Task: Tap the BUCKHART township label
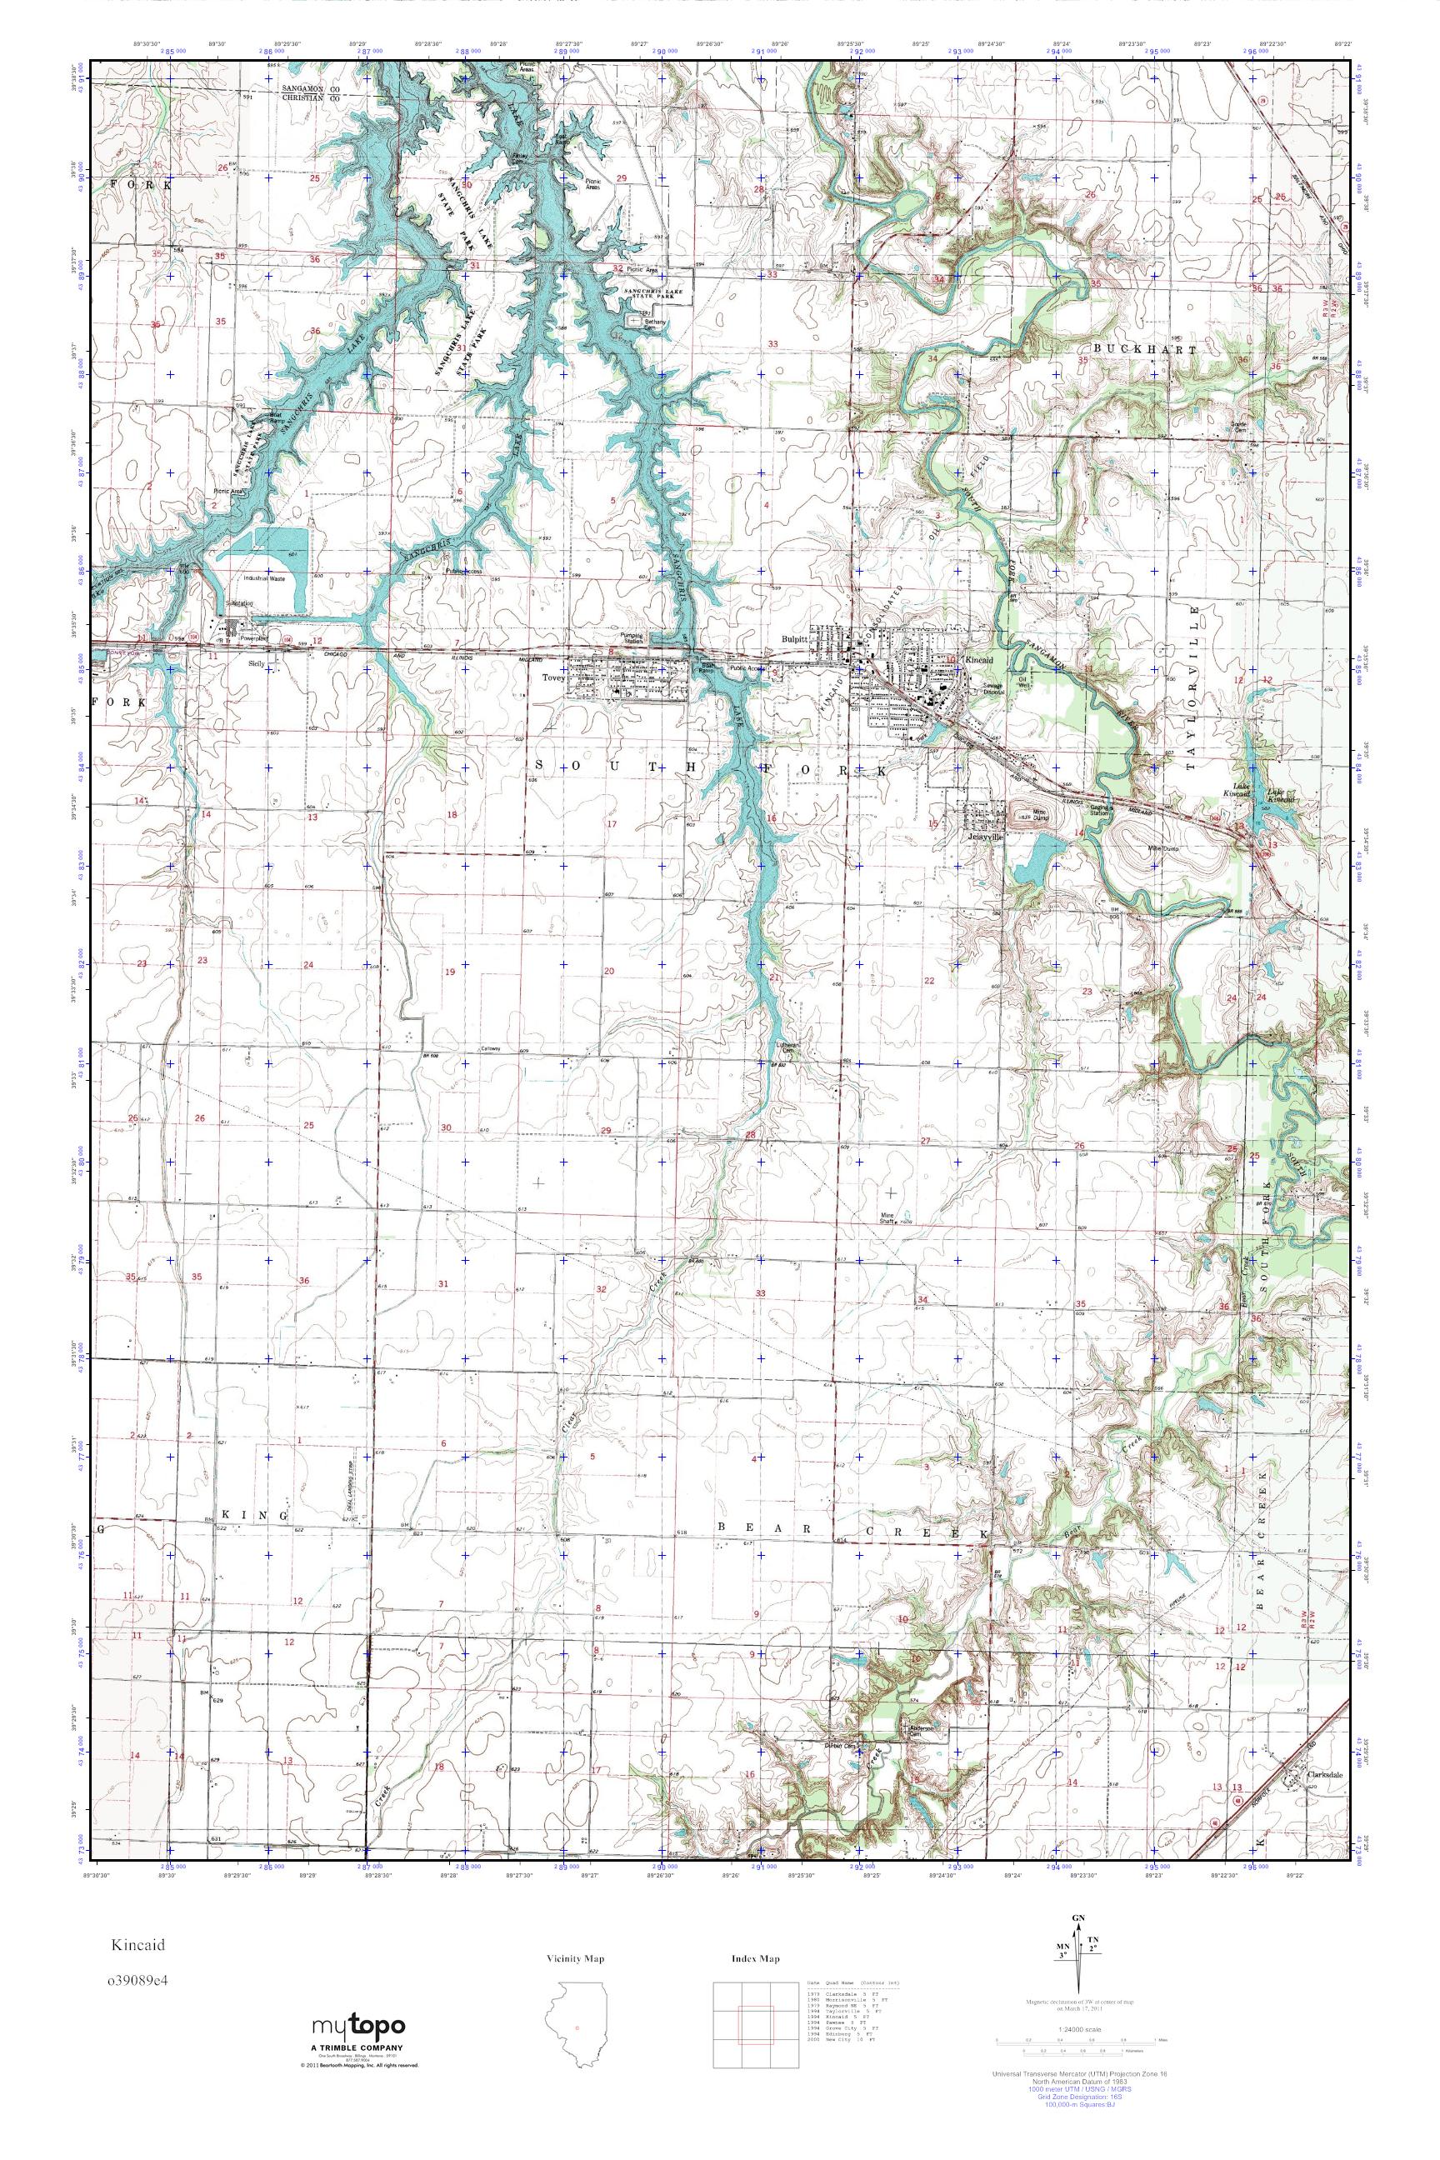1145,350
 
